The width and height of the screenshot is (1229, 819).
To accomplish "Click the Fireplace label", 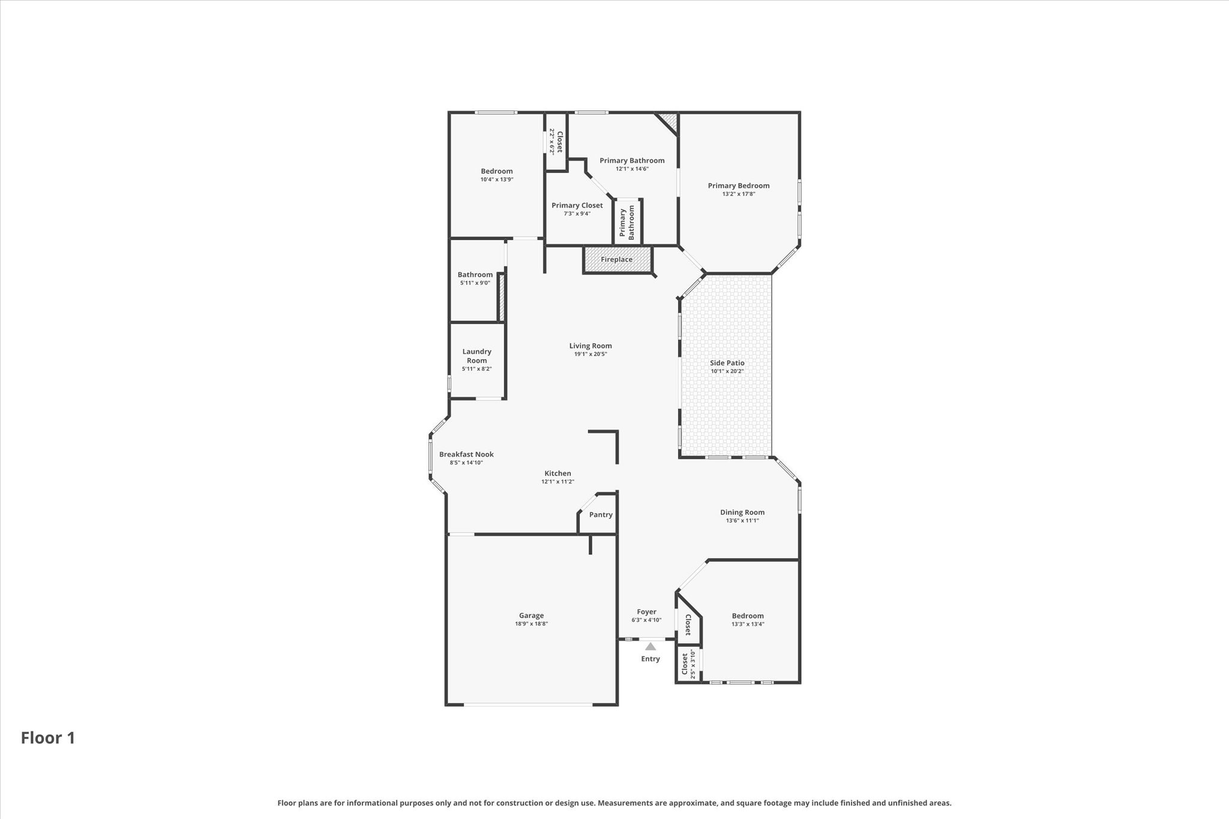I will pyautogui.click(x=616, y=260).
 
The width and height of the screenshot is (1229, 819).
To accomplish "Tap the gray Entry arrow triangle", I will pyautogui.click(x=651, y=647).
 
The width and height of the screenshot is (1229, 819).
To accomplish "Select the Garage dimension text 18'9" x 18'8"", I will pyautogui.click(x=531, y=624).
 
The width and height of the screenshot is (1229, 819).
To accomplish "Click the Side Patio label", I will pyautogui.click(x=727, y=363).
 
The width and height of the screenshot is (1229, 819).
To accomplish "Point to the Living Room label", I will pyautogui.click(x=590, y=346).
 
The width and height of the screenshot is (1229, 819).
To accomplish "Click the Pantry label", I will pyautogui.click(x=601, y=515).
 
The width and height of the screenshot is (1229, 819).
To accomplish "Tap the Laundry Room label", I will pyautogui.click(x=476, y=356).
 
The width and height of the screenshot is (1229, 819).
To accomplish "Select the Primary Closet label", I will pyautogui.click(x=577, y=205).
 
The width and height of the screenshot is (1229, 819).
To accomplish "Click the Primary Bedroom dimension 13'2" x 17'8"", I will pyautogui.click(x=738, y=194).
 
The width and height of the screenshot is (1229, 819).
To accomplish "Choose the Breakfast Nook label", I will pyautogui.click(x=466, y=454).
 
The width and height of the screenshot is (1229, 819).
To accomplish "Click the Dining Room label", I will pyautogui.click(x=742, y=512).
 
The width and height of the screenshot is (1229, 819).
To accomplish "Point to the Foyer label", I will pyautogui.click(x=646, y=612).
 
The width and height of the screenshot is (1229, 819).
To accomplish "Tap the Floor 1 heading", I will pyautogui.click(x=48, y=738).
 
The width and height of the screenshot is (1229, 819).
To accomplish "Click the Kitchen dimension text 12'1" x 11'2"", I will pyautogui.click(x=557, y=482).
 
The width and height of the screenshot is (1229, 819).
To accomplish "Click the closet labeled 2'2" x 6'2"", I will pyautogui.click(x=556, y=142).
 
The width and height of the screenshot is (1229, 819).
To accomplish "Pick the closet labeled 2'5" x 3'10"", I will pyautogui.click(x=688, y=664).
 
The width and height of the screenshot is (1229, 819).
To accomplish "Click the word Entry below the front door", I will pyautogui.click(x=651, y=659).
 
